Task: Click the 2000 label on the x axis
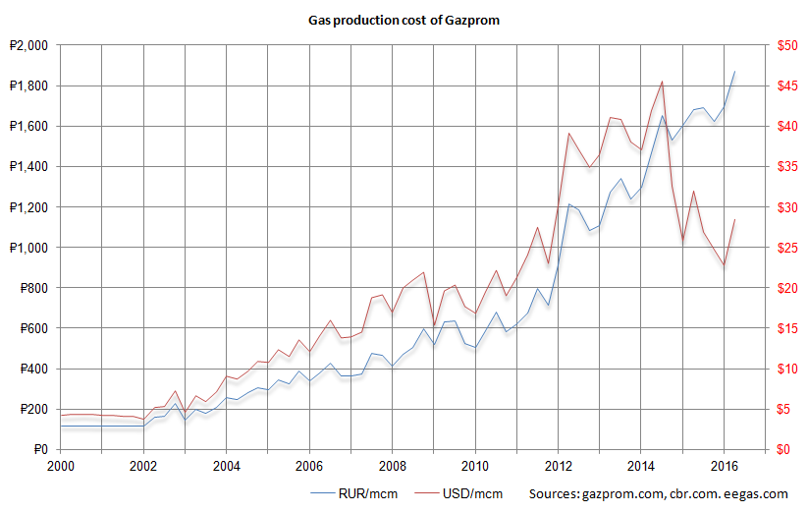61,466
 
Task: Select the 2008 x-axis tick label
393,466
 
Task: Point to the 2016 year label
724,466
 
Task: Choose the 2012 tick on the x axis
559,466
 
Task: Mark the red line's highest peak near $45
663,82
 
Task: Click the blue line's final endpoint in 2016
734,72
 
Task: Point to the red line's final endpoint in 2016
734,220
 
